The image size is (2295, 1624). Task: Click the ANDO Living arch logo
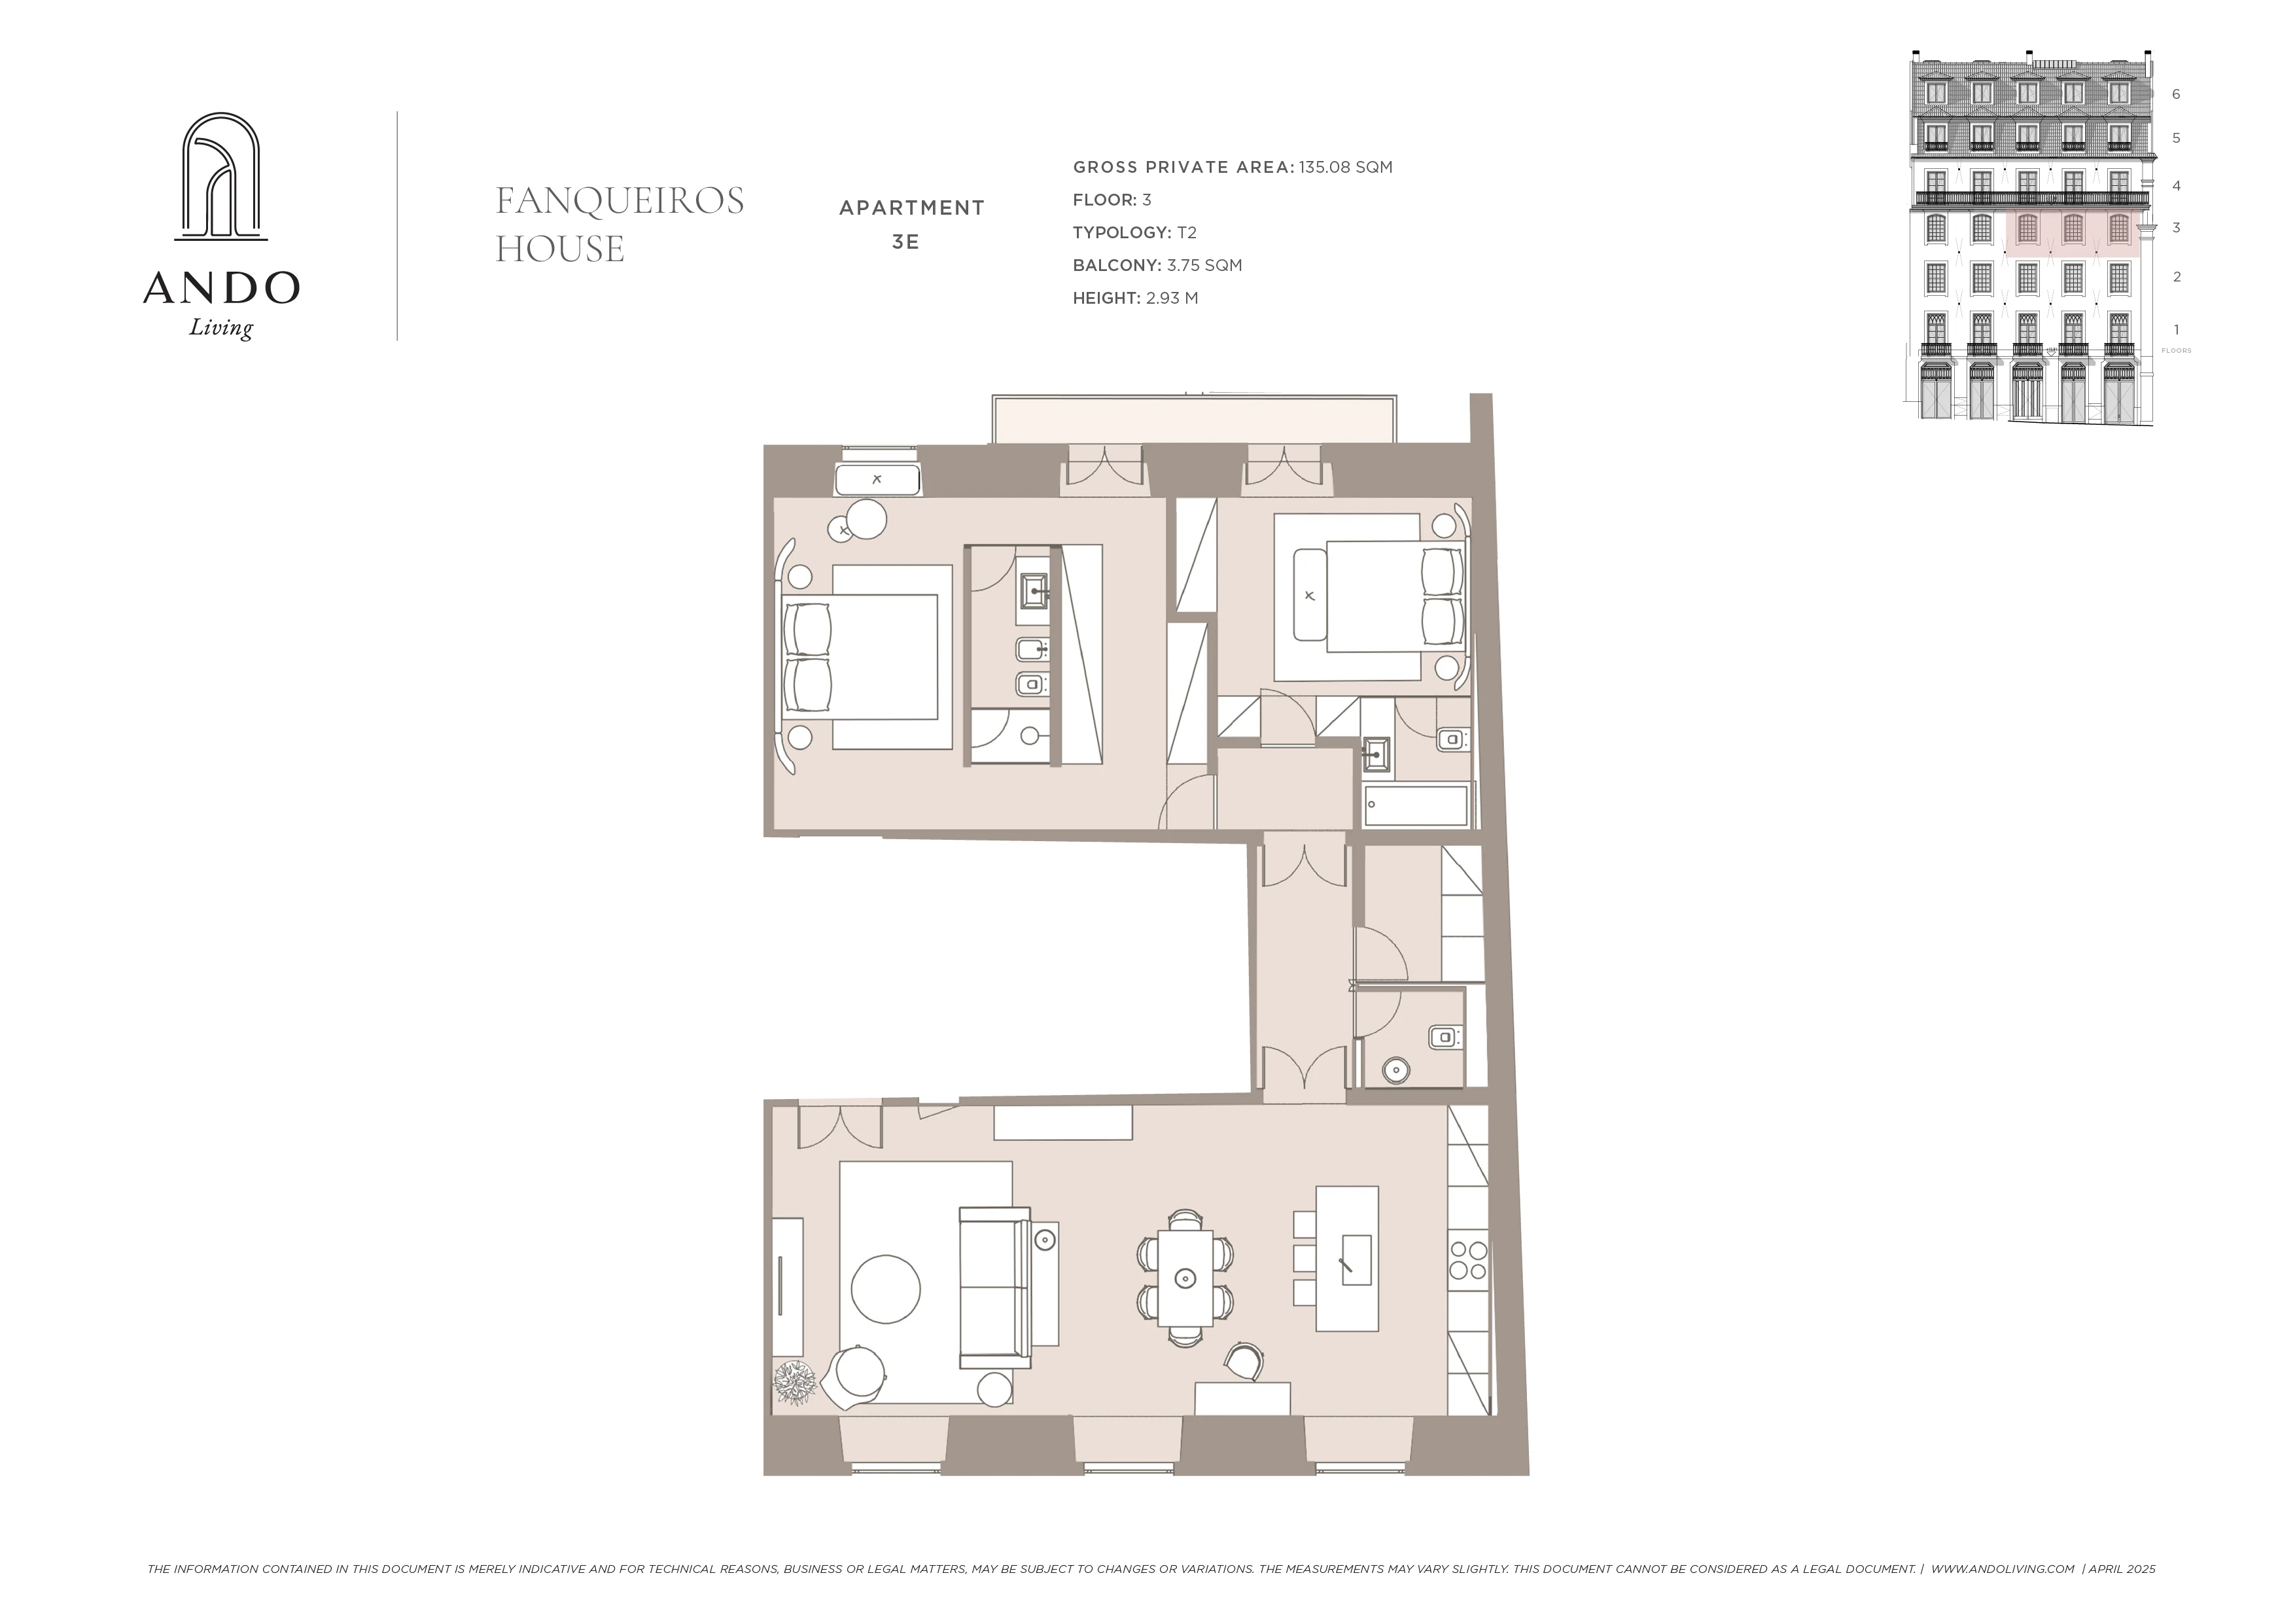coord(221,177)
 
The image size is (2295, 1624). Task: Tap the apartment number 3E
coord(905,242)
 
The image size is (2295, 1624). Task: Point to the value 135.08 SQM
coord(1346,167)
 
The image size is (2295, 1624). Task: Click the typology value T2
coord(1187,232)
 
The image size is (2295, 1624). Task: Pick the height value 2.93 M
coord(1172,297)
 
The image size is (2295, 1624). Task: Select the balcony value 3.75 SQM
coord(1204,265)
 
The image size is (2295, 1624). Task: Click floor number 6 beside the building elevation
coord(2176,94)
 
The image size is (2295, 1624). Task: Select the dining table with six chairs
coord(1185,1277)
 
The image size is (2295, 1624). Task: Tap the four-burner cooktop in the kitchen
coord(1468,1260)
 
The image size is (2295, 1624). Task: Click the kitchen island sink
coord(1356,1258)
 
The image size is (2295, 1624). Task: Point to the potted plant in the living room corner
coord(796,1383)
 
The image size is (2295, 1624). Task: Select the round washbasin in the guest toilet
coord(1396,1071)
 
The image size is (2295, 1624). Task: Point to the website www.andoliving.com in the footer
coord(2002,1569)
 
